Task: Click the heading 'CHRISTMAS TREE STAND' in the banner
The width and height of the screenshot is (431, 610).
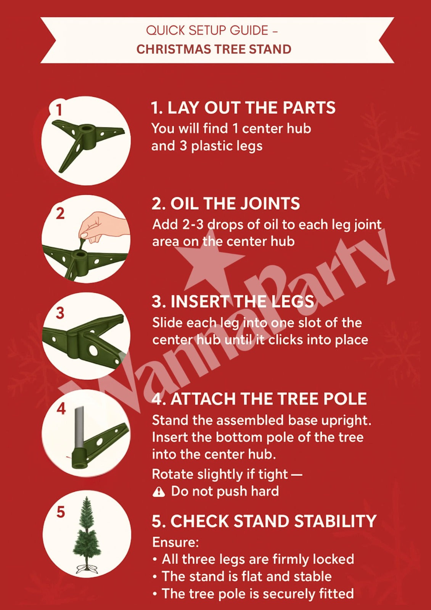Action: (x=214, y=49)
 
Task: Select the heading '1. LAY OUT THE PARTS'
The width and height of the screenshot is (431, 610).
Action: (x=243, y=108)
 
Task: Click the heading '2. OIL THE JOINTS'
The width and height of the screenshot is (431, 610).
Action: (x=225, y=204)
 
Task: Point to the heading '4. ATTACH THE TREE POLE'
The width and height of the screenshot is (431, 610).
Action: (x=259, y=399)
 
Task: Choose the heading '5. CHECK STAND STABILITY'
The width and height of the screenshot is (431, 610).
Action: (x=264, y=521)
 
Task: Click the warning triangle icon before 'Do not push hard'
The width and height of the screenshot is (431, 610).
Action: (x=159, y=492)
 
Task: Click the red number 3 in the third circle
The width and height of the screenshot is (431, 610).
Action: (x=60, y=313)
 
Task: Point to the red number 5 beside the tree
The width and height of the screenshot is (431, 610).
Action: (x=61, y=512)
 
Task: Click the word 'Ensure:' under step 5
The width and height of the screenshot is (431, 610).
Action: (x=175, y=542)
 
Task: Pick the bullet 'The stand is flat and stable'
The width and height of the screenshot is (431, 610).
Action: (x=246, y=576)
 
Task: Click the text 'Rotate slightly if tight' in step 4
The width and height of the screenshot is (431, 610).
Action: (x=219, y=474)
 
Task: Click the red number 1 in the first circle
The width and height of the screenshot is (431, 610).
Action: (x=59, y=110)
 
